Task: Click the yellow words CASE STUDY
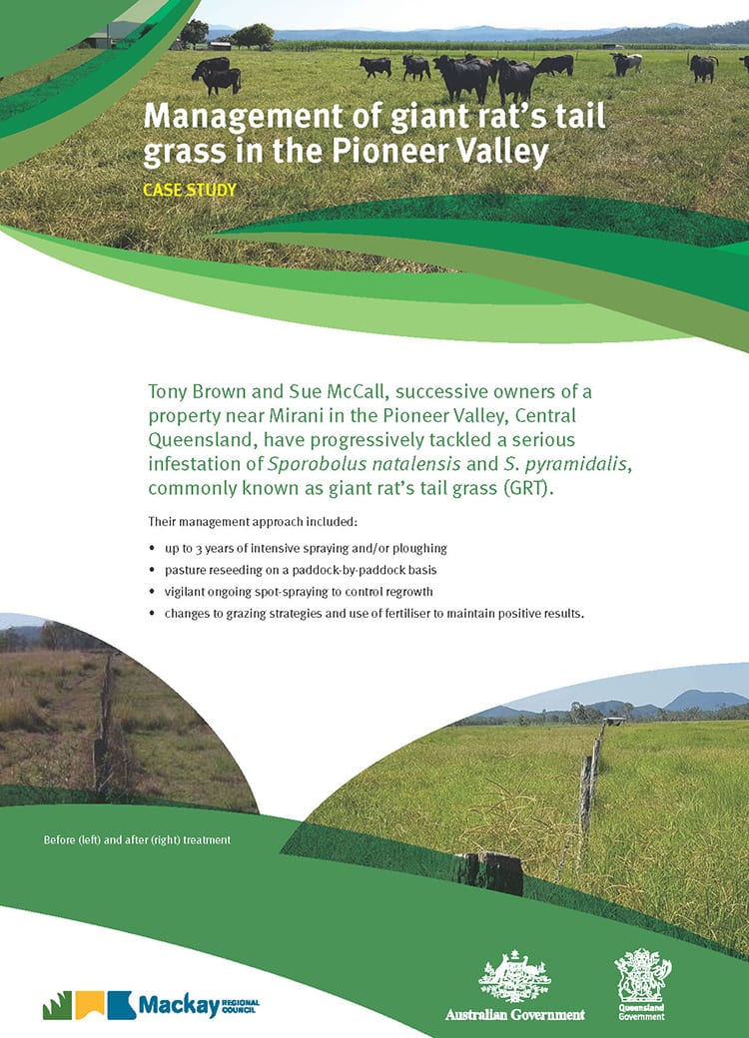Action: tap(190, 190)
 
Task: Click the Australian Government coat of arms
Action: tap(514, 977)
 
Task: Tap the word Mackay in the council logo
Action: tap(179, 1006)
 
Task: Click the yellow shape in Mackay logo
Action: tap(90, 1005)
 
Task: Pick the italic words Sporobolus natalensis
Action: tap(364, 463)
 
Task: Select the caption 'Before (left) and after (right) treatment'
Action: tap(137, 840)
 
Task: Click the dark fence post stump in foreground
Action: tap(488, 872)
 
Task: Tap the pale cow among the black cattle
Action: tap(626, 63)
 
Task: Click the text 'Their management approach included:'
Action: tap(253, 522)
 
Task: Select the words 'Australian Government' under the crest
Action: tap(514, 1014)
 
